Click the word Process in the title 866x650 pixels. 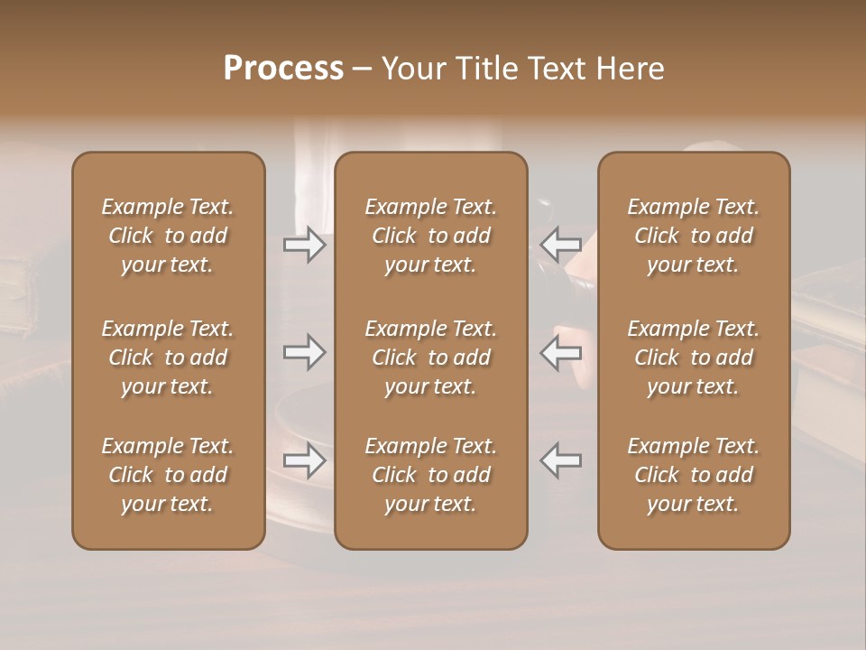tap(283, 69)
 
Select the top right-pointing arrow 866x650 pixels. tap(305, 245)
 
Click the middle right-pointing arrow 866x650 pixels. tap(305, 352)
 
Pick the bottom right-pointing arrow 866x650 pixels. tap(305, 460)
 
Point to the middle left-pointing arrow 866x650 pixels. tap(560, 352)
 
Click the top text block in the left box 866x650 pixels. tap(168, 236)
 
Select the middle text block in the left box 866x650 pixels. tap(168, 357)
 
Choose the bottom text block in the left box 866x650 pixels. tap(168, 475)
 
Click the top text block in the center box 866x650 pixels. tap(431, 236)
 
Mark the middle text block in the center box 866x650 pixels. tap(431, 357)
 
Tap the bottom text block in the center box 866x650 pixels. tap(431, 475)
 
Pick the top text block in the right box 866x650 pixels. tap(694, 236)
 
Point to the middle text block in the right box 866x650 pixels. tap(694, 357)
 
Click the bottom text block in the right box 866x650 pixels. tap(694, 475)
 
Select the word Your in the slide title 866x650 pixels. tap(412, 69)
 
